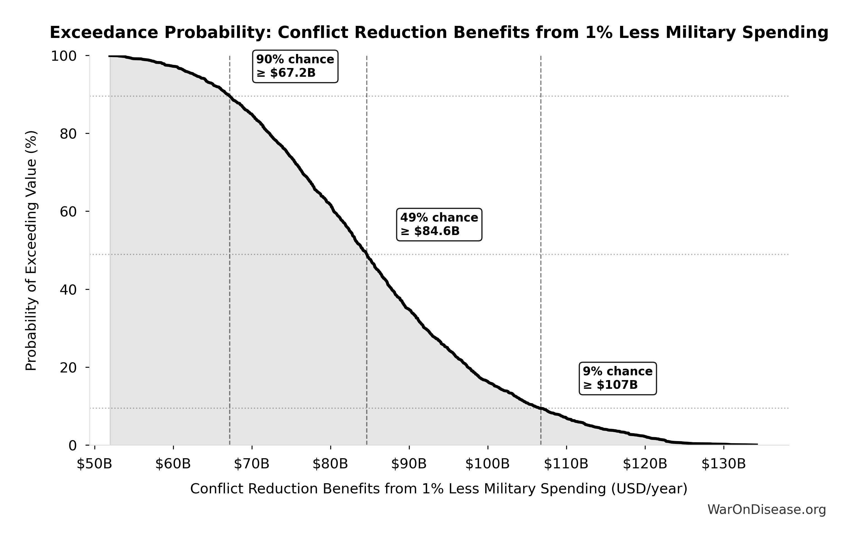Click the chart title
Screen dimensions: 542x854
pos(439,33)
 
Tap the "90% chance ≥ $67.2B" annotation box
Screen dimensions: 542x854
pos(295,66)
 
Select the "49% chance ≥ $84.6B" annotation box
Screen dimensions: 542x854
pos(439,225)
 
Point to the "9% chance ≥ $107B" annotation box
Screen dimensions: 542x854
pos(618,378)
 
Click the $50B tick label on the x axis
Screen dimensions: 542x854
pos(94,464)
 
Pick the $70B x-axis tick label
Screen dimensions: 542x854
pos(252,464)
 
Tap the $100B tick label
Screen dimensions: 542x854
pos(488,464)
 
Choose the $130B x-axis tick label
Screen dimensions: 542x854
pos(723,464)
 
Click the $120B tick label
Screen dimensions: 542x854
pos(645,464)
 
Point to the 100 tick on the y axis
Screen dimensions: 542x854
pos(64,56)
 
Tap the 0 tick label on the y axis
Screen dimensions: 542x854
pos(72,446)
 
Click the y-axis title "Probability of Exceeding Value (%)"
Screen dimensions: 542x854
pos(31,250)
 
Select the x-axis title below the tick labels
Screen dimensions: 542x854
pos(439,489)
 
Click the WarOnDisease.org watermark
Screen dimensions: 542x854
pos(767,510)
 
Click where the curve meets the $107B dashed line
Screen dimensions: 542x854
pos(541,408)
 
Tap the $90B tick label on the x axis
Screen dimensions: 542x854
pos(409,464)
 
